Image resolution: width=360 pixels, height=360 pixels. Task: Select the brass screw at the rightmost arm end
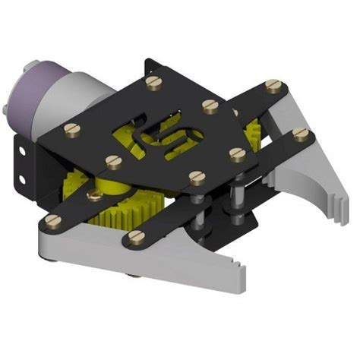(x=302, y=135)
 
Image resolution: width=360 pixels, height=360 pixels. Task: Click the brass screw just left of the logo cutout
(x=113, y=161)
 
